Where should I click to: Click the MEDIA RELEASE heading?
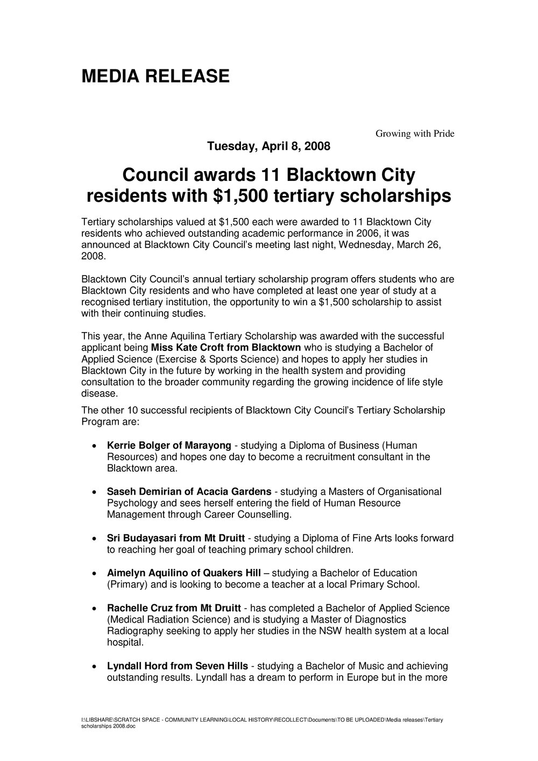(155, 76)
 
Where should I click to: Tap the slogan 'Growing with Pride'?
(414, 133)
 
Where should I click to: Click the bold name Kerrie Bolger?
(139, 445)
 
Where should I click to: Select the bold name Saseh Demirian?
(142, 491)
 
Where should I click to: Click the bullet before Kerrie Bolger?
(95, 446)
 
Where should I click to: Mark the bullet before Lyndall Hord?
(95, 667)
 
